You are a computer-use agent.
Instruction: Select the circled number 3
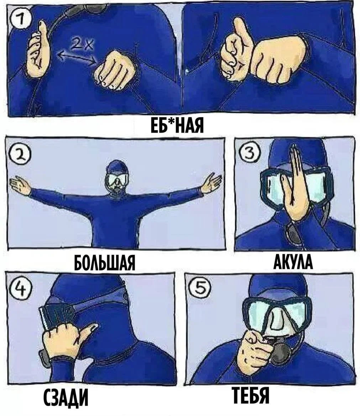[x=248, y=153]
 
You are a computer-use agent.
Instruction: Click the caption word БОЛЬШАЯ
[x=105, y=263]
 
